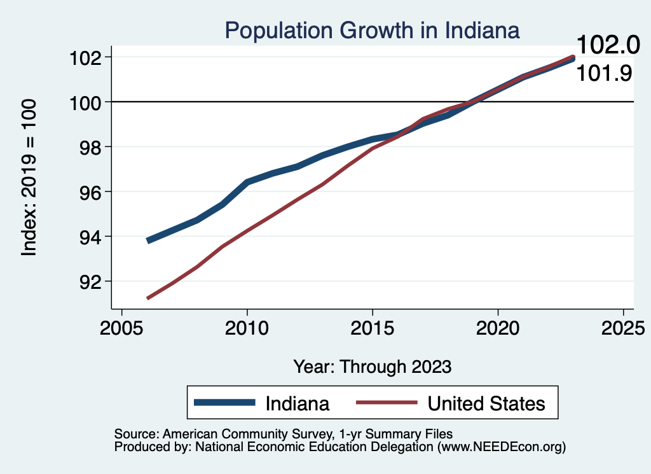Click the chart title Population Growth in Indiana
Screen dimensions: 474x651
click(x=372, y=30)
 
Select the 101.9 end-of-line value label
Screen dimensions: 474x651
click(x=604, y=74)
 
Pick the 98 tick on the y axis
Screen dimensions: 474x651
click(x=90, y=147)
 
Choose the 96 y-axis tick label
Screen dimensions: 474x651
click(x=90, y=192)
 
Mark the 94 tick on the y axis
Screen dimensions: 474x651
click(x=90, y=237)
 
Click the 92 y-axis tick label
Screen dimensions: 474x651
click(x=90, y=281)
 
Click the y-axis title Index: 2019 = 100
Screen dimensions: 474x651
click(x=29, y=178)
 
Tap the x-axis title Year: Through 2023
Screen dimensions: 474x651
click(x=373, y=366)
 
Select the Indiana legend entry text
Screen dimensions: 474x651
click(x=297, y=403)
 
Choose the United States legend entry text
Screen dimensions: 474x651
click(x=486, y=403)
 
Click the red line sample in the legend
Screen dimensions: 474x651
click(x=387, y=403)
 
